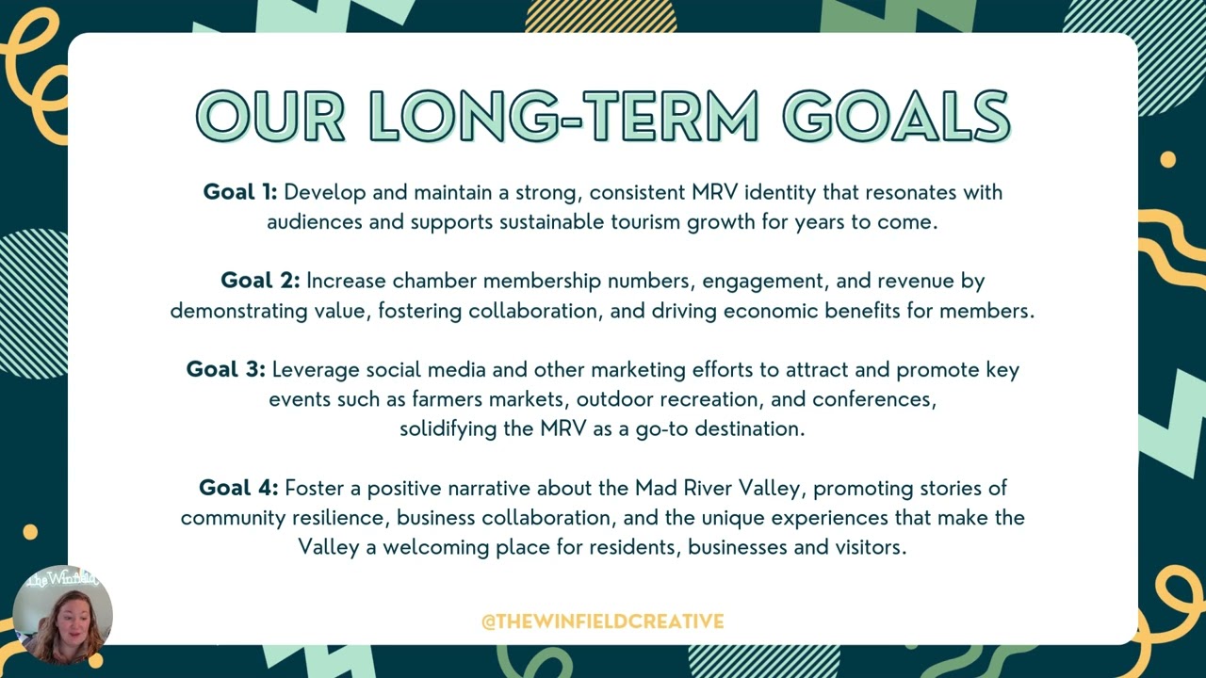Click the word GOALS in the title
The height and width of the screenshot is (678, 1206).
tap(896, 117)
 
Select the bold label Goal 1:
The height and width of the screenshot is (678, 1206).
tap(240, 192)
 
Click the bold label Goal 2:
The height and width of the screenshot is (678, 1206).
tap(260, 281)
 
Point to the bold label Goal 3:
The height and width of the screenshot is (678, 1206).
tap(226, 369)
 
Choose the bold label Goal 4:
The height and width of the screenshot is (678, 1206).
tap(238, 488)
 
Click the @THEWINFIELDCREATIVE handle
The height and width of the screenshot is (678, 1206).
tap(602, 621)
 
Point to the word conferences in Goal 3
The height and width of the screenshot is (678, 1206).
tap(873, 399)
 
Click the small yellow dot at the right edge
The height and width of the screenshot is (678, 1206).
tap(1168, 159)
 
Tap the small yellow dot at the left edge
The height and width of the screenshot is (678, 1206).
tap(30, 532)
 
